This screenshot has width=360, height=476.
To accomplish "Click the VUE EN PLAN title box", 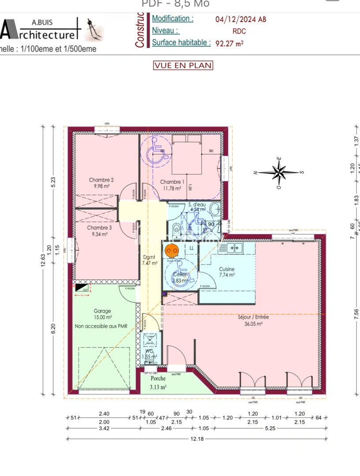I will click(x=183, y=65).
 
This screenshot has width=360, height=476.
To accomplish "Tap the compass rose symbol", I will click(x=278, y=172).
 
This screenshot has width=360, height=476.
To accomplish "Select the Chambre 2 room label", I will click(x=101, y=180).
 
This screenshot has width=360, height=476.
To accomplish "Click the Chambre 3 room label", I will click(x=99, y=228).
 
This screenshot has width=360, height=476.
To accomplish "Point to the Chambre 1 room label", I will click(x=172, y=182).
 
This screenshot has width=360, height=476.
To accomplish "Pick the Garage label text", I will click(x=102, y=311).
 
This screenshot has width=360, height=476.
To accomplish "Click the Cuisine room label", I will click(x=227, y=269).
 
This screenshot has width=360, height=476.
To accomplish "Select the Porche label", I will click(x=158, y=379).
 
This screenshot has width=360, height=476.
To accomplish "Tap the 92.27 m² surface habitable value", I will click(x=229, y=43).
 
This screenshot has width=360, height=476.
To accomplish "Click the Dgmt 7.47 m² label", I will click(x=149, y=260).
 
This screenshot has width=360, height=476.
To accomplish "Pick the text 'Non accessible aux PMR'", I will click(x=101, y=326).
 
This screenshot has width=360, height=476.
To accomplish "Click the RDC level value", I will click(x=239, y=31).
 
